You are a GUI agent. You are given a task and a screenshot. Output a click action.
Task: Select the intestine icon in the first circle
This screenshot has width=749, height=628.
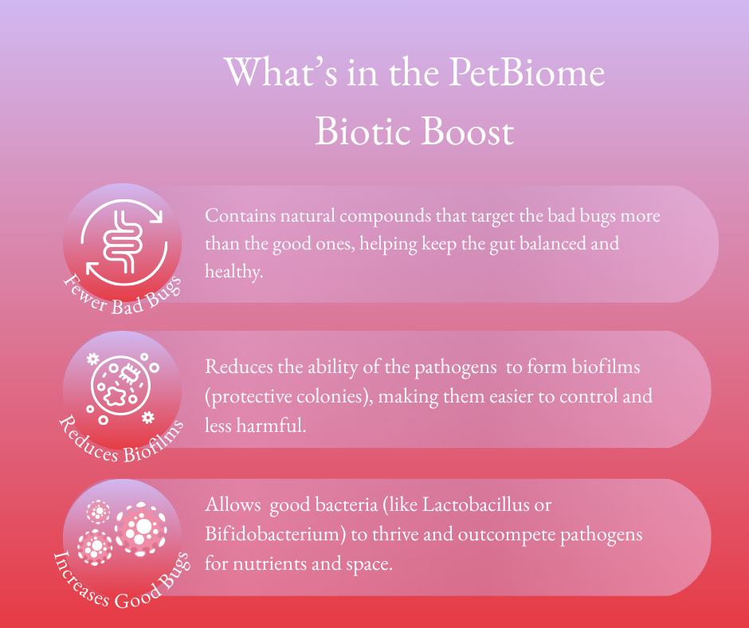click(x=124, y=241)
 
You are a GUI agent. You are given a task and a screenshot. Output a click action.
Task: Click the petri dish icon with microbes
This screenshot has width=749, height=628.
click(x=121, y=386)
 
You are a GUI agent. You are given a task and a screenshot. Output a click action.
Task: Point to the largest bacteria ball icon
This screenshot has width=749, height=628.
click(x=141, y=528)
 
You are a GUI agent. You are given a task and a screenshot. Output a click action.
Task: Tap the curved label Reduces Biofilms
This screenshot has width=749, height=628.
click(x=121, y=442)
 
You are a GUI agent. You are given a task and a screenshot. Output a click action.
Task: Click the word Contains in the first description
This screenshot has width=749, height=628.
click(x=241, y=215)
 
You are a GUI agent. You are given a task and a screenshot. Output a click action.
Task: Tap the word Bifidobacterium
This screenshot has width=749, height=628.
click(x=275, y=534)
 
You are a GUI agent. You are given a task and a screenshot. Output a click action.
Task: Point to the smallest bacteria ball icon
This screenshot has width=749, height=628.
click(x=98, y=512)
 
